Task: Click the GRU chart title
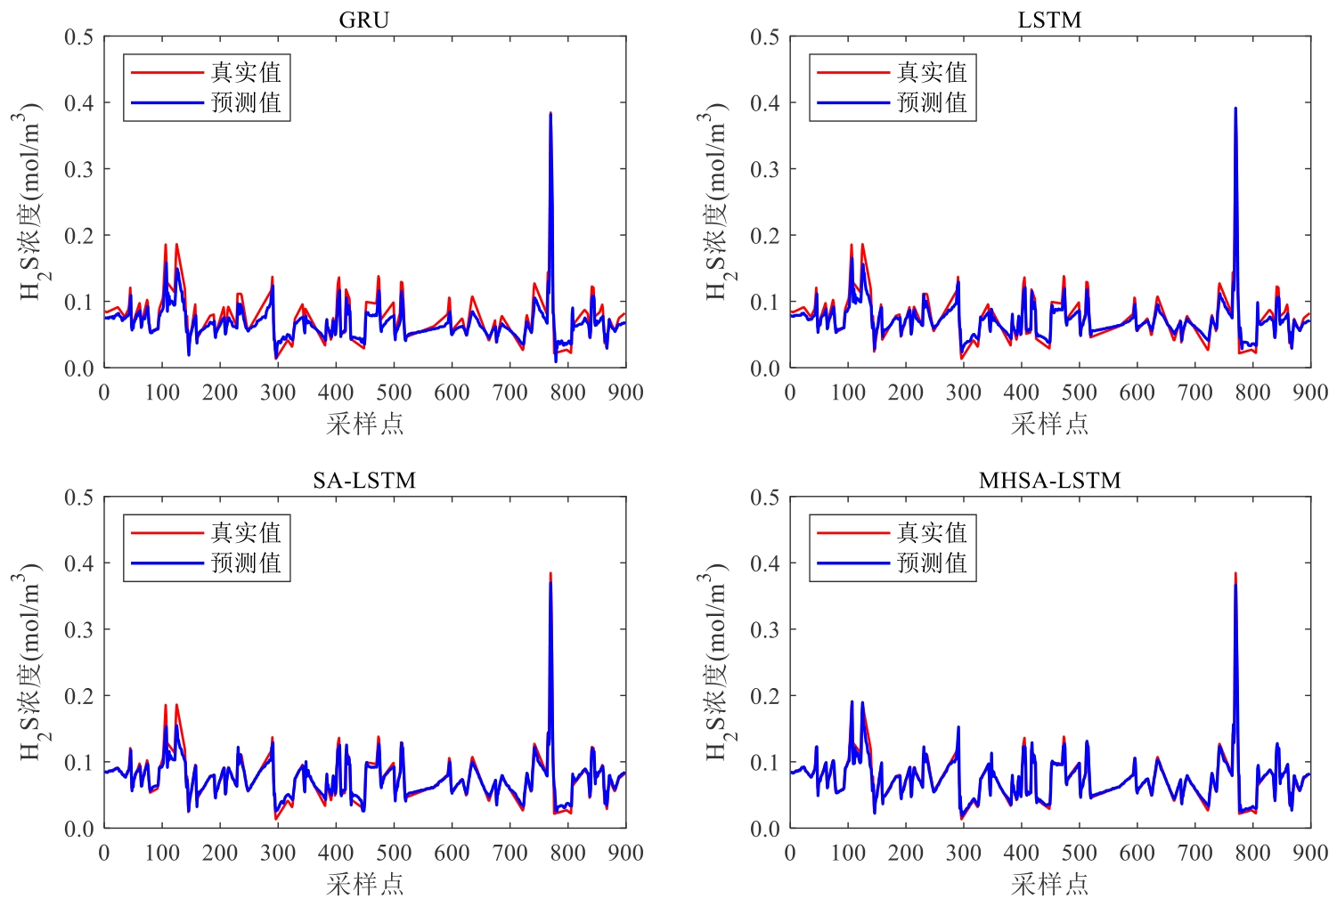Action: (364, 20)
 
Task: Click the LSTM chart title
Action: (1049, 20)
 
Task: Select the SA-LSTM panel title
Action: (364, 481)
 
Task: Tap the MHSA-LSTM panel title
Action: (1049, 481)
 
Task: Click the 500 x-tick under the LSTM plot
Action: (1079, 393)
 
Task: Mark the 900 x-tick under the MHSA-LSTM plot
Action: (1310, 853)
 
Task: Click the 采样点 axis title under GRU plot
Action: (364, 424)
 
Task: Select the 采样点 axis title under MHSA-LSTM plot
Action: (1049, 884)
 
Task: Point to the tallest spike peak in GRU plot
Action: (550, 114)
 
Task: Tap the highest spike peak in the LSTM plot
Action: (1235, 109)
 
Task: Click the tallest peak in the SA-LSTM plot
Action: (550, 574)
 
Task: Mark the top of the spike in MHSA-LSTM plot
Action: (1235, 574)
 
